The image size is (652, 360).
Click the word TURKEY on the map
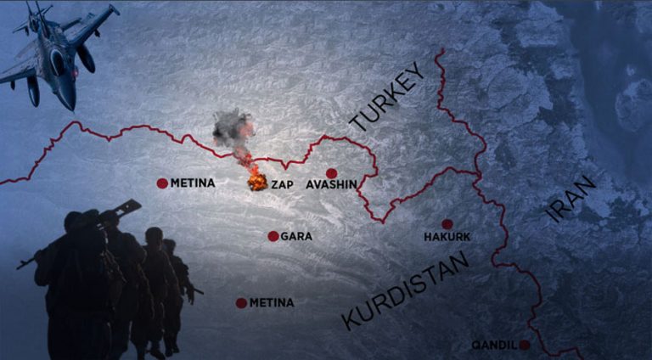point(385,101)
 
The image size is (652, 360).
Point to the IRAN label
point(572,200)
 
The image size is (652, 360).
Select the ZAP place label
point(282,184)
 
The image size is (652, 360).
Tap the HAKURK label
point(447,238)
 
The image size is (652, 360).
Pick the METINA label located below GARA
point(271,303)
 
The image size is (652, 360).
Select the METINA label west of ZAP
point(193,183)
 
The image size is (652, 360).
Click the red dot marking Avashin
point(331,172)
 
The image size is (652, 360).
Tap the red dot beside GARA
point(273,236)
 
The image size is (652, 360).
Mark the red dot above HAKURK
point(447,224)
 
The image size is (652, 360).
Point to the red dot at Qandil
point(525,345)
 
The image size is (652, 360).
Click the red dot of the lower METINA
point(241,303)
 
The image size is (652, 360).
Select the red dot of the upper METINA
point(162,183)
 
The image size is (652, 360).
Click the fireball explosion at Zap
point(256,182)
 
